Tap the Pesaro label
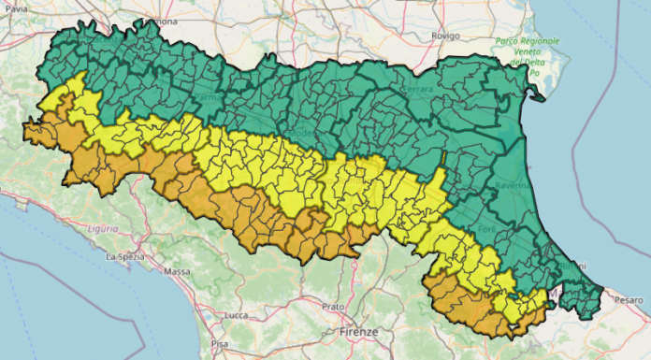[x=629, y=299]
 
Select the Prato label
[x=332, y=306]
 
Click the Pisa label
[x=220, y=344]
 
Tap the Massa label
[x=177, y=272]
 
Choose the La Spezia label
[x=123, y=255]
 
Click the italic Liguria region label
[x=102, y=227]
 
